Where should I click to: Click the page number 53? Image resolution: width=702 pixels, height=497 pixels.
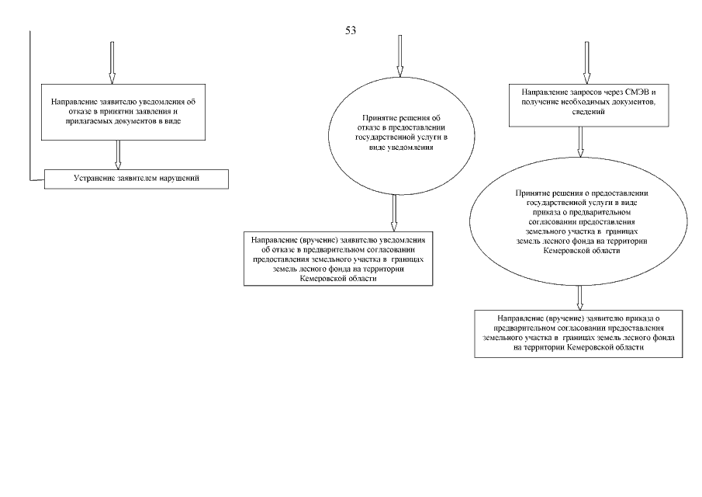[350, 30]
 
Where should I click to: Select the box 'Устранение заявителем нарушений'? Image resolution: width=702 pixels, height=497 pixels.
[137, 179]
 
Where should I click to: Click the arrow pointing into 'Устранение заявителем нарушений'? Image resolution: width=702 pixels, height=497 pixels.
[118, 154]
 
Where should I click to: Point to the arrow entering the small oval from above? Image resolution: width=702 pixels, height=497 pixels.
[399, 56]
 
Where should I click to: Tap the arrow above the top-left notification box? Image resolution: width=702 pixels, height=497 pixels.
[112, 62]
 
